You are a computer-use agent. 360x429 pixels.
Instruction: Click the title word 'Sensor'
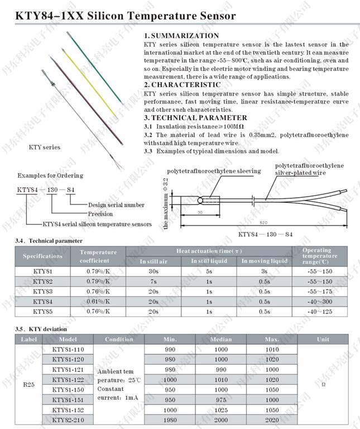[212, 17]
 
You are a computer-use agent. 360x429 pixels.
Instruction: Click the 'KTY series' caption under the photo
[45, 147]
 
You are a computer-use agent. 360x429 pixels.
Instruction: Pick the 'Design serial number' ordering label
[116, 205]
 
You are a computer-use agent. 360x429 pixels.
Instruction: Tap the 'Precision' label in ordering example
[100, 214]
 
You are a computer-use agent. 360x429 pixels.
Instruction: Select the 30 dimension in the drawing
[200, 213]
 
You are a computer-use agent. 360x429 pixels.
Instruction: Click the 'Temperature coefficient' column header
[98, 256]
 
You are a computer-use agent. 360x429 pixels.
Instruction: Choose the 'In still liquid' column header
[209, 261]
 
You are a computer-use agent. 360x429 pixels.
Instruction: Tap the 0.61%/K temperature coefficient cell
[98, 301]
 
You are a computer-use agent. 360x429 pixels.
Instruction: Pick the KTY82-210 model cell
[68, 420]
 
